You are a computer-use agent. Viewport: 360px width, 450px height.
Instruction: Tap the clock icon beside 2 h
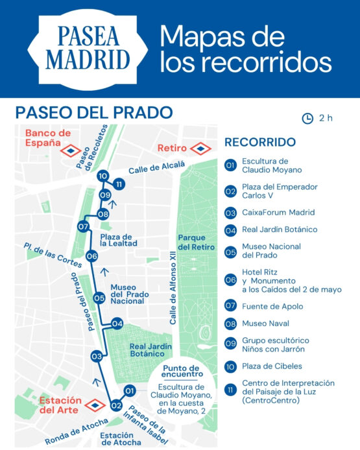[x=307, y=118]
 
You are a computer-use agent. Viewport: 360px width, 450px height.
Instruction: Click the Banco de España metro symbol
[x=70, y=150]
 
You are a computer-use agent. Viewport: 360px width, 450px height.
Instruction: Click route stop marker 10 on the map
[x=102, y=176]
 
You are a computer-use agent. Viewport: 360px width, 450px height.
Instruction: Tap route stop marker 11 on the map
[x=118, y=185]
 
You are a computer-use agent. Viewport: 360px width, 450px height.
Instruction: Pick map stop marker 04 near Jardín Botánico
[x=117, y=323]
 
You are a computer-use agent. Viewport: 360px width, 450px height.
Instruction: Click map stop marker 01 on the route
[x=130, y=390]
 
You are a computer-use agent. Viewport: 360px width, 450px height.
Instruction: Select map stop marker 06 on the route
[x=91, y=256]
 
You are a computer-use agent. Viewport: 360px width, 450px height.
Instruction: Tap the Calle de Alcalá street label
[x=147, y=170]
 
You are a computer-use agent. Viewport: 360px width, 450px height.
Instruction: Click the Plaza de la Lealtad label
[x=117, y=241]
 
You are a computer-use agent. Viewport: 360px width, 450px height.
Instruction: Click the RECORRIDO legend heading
[x=260, y=142]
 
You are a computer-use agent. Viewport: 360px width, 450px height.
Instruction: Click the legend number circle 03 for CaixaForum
[x=230, y=213]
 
